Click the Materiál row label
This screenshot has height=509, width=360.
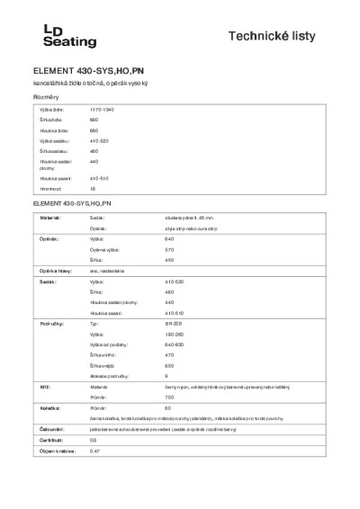[x=50, y=218]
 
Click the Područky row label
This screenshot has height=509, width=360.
[x=51, y=322]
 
